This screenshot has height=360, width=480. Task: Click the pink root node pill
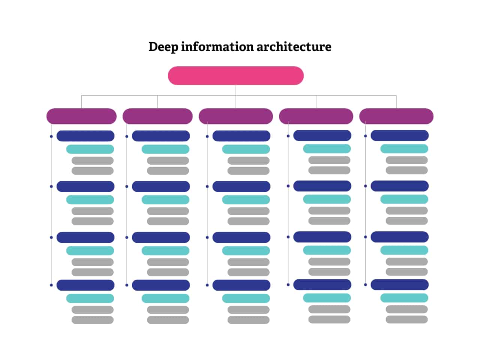pos(235,76)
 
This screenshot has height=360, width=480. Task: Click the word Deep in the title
pos(163,47)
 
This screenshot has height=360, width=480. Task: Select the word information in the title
pos(217,47)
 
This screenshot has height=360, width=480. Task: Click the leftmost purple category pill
pos(81,116)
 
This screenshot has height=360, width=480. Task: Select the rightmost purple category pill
pos(396,116)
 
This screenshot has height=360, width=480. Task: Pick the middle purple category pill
pos(235,116)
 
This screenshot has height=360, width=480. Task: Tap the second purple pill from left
pos(157,116)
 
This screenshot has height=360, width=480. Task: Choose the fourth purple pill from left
pos(316,116)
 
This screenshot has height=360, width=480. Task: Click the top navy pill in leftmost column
pos(85,136)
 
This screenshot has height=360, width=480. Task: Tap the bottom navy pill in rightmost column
pos(399,285)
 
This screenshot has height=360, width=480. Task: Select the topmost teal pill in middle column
pos(246,149)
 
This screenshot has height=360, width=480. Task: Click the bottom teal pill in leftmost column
pos(90,298)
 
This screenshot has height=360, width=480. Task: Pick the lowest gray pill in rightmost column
pos(406,319)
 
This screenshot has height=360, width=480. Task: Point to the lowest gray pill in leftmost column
pos(92,320)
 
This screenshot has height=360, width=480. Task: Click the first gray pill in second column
pos(168,160)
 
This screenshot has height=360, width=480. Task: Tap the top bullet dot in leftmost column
pos(51,136)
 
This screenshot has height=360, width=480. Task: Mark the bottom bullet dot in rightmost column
pos(365,285)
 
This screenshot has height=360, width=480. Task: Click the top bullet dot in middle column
pos(207,136)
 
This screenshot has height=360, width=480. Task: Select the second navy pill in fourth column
pos(322,186)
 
